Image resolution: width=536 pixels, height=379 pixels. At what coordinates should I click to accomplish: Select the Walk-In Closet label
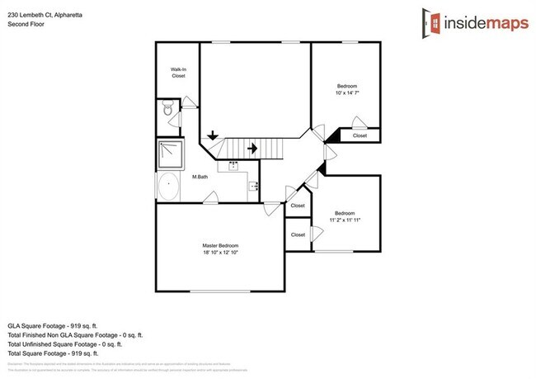[178, 73]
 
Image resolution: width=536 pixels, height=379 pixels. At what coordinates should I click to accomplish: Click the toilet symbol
[167, 107]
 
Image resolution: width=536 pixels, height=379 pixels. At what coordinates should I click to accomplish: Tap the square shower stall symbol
[170, 154]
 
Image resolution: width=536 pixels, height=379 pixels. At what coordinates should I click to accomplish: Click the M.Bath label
[200, 177]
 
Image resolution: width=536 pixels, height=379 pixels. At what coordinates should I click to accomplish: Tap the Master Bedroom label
[220, 246]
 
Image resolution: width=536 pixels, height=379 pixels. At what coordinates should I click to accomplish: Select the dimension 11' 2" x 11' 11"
[345, 220]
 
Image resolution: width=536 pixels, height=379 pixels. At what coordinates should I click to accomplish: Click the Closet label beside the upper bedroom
[360, 135]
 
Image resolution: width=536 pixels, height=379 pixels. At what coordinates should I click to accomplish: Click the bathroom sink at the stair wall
[234, 164]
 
